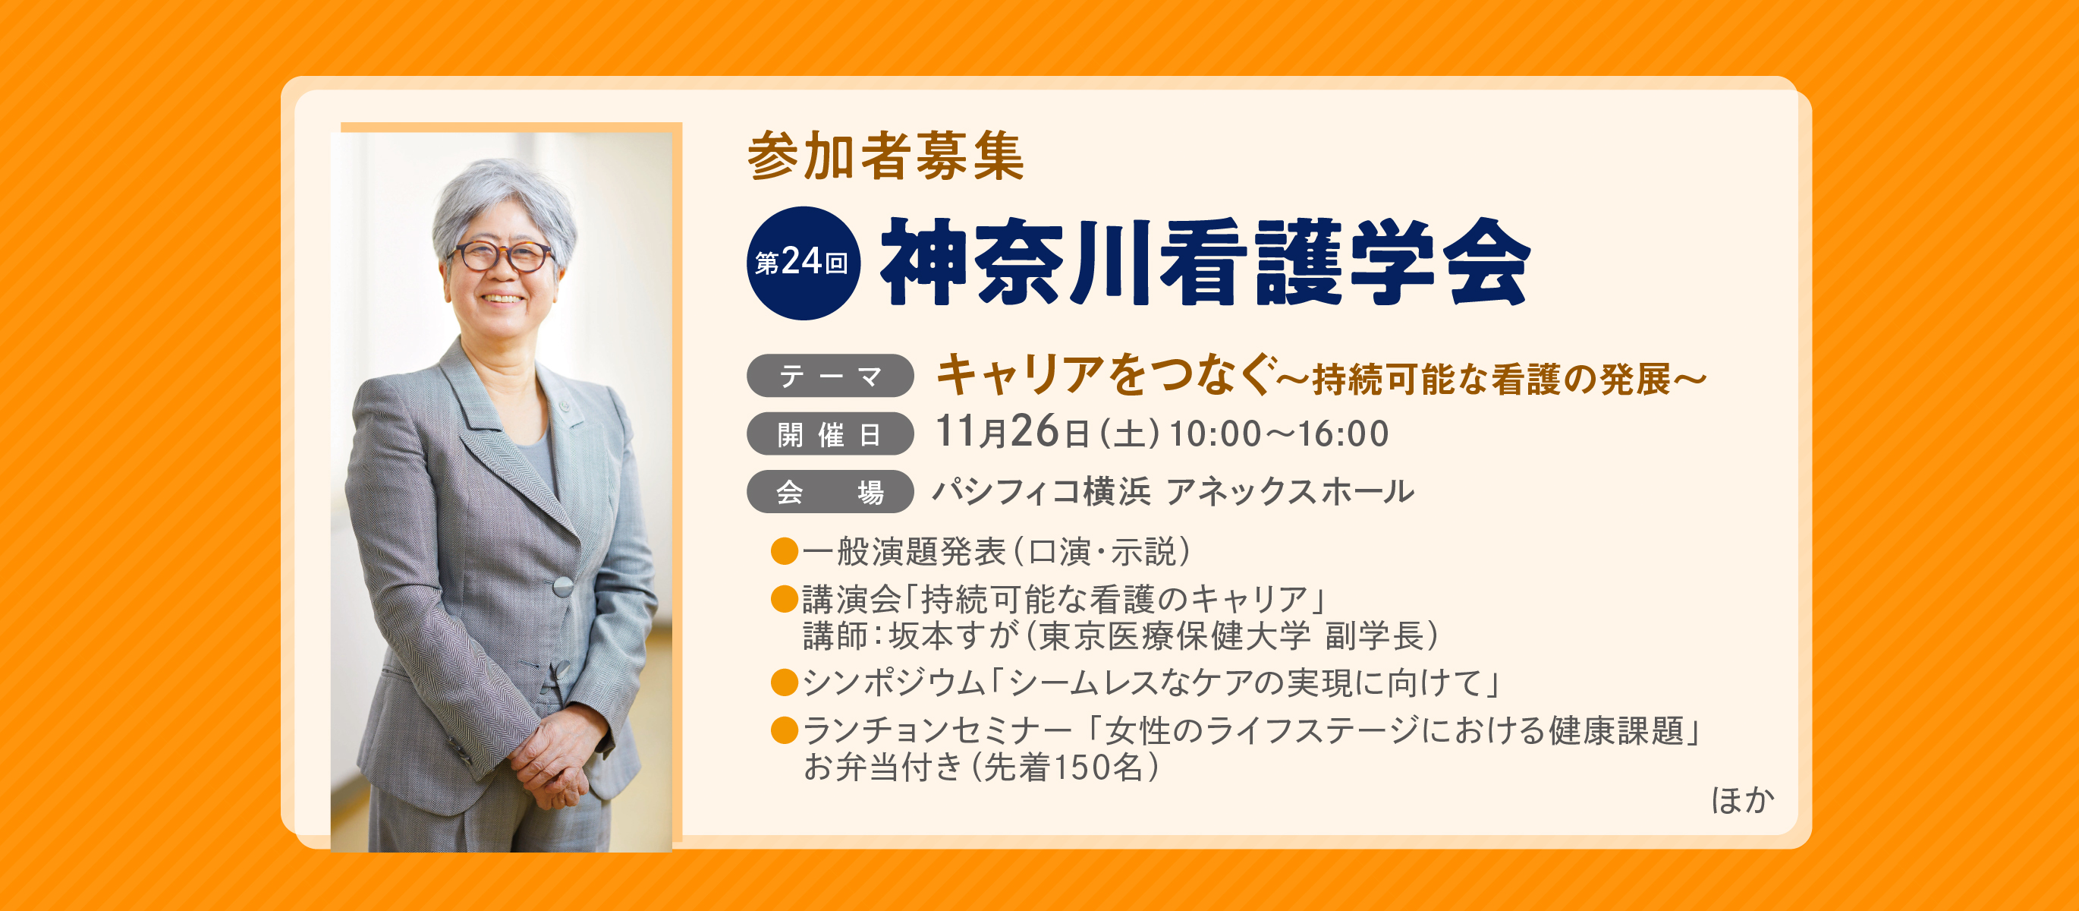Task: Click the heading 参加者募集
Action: coord(885,156)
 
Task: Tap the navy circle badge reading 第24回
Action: coord(803,263)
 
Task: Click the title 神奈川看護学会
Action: coord(1205,263)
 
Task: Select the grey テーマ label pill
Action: coord(829,377)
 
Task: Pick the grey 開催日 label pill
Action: coord(829,434)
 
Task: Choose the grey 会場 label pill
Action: coord(829,492)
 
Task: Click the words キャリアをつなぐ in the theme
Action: coord(1106,376)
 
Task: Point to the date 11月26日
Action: coord(1013,433)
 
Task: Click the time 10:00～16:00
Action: coord(1279,434)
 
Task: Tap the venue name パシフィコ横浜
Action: coord(1041,491)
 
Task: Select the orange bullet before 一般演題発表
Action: coord(785,553)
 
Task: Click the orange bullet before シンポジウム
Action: coord(785,682)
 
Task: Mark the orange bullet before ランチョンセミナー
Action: coord(785,731)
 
